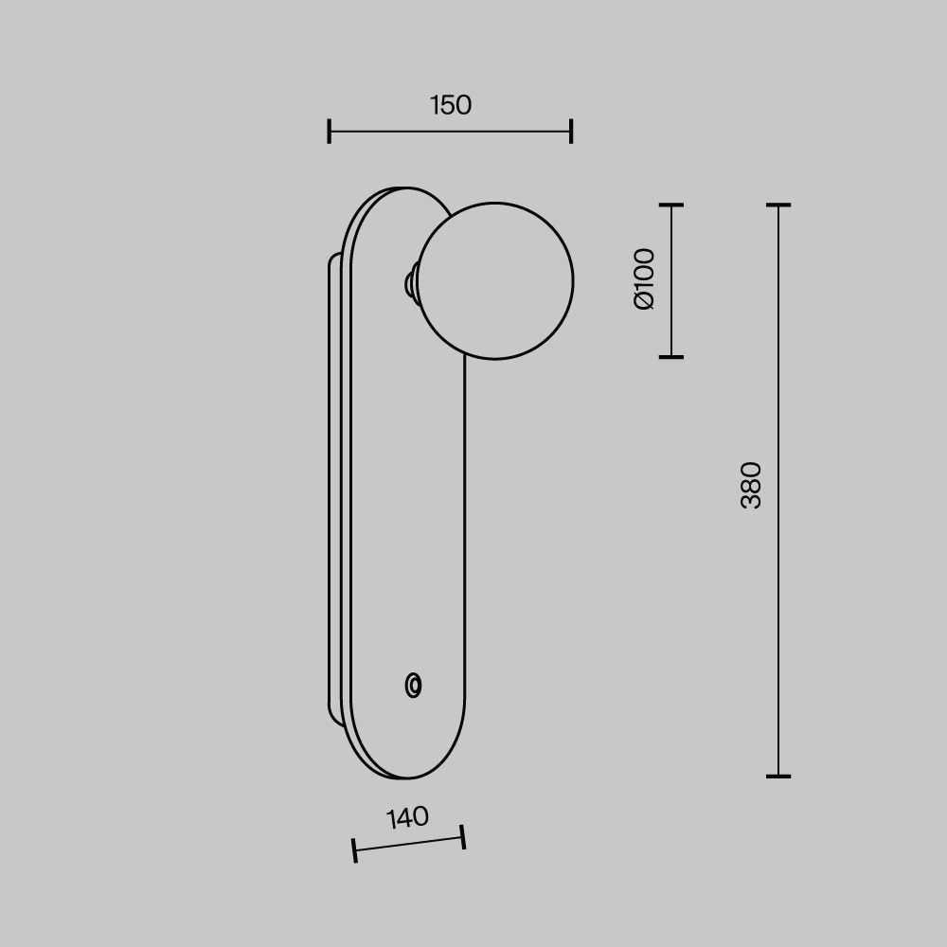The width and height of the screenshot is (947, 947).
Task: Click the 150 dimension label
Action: pos(451,105)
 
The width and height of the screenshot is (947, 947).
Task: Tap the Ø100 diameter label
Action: pos(644,279)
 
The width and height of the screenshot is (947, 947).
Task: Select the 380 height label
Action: pos(751,485)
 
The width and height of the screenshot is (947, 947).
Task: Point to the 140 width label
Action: pos(407,818)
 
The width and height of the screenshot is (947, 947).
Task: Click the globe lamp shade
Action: pos(495,281)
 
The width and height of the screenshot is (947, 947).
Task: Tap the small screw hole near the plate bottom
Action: pos(413,686)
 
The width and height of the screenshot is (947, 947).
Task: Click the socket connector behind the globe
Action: pos(411,282)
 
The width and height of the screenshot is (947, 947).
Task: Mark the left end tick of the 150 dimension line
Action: pos(330,131)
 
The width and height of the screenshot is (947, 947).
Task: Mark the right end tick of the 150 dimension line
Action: pos(571,131)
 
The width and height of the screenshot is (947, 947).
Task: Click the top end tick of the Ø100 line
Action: pos(671,205)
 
